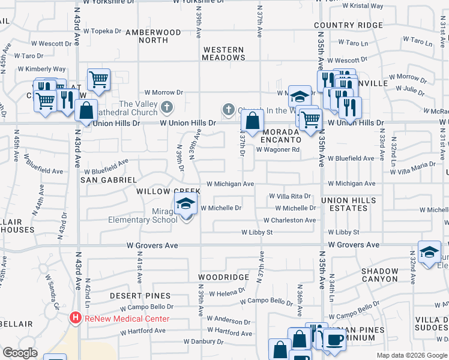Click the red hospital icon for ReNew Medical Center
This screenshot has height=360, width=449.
click(x=76, y=317)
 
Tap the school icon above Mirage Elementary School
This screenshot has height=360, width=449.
click(x=186, y=204)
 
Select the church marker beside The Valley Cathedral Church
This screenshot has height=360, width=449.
click(x=167, y=108)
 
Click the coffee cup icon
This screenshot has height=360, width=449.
click(x=335, y=340)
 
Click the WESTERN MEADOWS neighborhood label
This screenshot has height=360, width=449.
click(x=223, y=53)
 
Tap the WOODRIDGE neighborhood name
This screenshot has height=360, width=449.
click(x=223, y=278)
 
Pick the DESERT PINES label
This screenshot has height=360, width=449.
click(x=140, y=296)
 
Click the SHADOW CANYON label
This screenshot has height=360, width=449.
click(x=379, y=275)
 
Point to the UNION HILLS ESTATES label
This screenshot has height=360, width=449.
click(x=349, y=204)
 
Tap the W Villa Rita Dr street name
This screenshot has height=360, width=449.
click(x=289, y=196)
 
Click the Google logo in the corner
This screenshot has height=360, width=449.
click(x=20, y=353)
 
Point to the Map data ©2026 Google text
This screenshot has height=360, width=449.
click(x=411, y=355)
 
